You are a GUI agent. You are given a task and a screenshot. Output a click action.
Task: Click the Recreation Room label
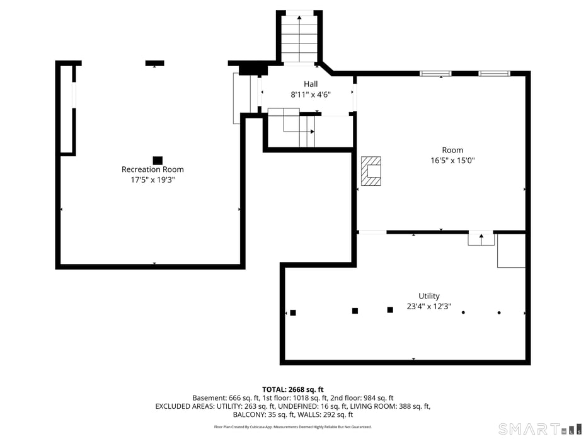[x=152, y=169]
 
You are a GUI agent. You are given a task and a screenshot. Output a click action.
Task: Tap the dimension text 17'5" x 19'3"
[x=152, y=180]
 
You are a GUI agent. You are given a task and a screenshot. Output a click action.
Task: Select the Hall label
[x=311, y=84]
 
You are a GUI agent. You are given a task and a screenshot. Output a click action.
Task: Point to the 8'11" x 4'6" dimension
[x=311, y=94]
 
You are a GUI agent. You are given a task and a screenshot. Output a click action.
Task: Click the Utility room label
[x=429, y=296]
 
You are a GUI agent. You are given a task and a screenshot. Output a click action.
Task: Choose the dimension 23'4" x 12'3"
[x=429, y=307]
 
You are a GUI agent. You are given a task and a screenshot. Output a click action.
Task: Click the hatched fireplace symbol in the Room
[x=371, y=171]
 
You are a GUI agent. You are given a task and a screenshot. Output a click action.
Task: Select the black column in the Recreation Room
[x=158, y=160]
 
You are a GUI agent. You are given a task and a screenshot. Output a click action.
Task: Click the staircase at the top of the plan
[x=299, y=38]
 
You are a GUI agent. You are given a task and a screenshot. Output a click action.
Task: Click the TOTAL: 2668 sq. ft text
[x=292, y=389]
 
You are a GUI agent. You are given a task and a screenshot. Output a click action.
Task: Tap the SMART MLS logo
[x=539, y=430]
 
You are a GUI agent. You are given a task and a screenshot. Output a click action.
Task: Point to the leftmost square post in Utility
[x=293, y=312]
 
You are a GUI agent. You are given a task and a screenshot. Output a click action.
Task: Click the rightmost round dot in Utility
[x=499, y=312]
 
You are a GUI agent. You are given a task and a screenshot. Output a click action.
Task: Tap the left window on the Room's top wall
[x=435, y=74]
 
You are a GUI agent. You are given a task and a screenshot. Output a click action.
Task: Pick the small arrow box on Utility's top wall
[x=481, y=239]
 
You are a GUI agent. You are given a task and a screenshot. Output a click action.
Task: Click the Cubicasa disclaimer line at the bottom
[x=292, y=427]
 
